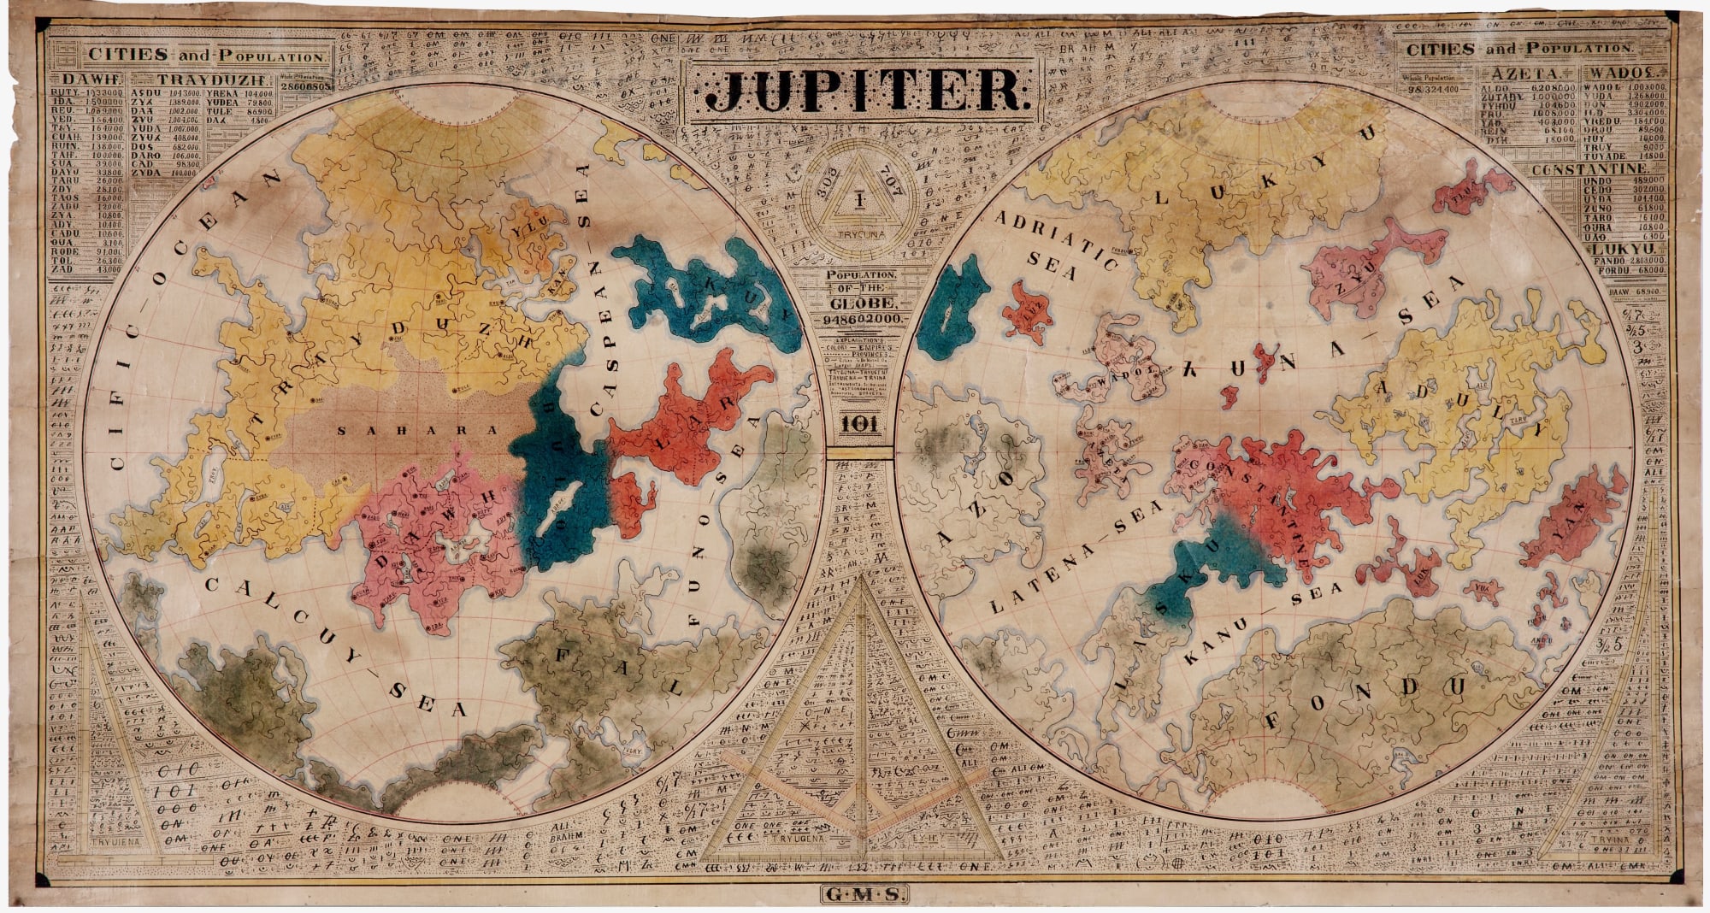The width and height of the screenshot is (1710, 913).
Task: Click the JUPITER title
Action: click(865, 91)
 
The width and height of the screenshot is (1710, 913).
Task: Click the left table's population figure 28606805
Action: click(301, 88)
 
